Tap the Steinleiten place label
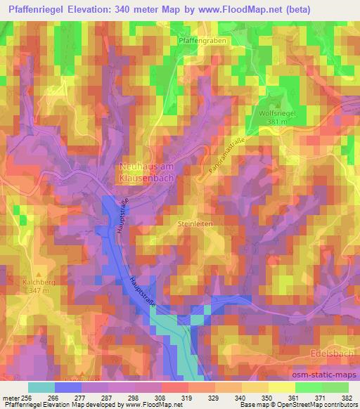[195, 223]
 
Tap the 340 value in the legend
[240, 398]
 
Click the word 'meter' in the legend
[9, 398]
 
